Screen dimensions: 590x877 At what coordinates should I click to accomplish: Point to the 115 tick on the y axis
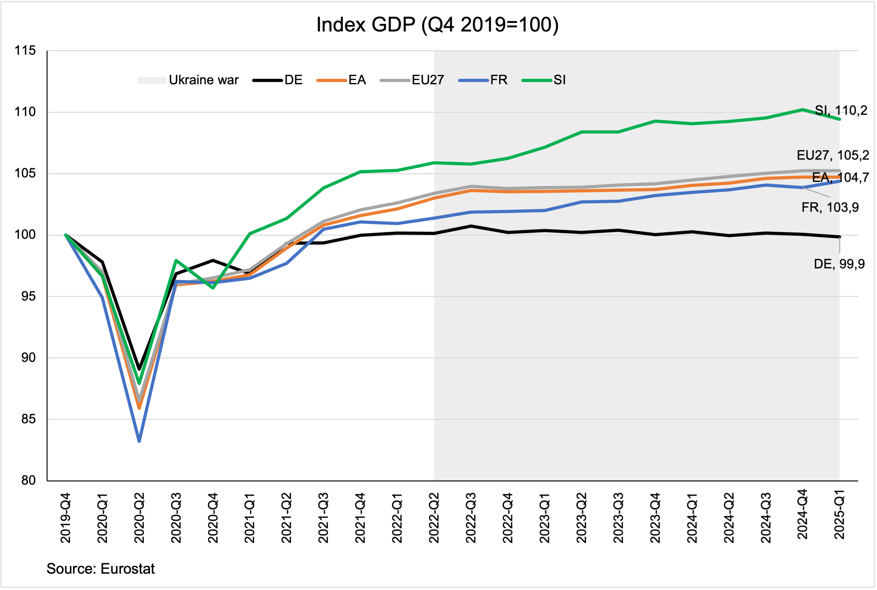point(25,51)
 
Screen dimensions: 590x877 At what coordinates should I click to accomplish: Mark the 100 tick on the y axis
point(25,235)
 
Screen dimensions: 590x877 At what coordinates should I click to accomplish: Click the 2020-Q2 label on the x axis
point(140,518)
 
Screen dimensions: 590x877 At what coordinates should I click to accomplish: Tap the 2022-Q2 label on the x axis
point(434,518)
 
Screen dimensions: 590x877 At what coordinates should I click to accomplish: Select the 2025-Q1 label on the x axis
point(839,515)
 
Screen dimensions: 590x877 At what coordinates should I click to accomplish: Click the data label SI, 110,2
point(841,111)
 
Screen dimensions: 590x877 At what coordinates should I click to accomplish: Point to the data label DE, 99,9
point(839,264)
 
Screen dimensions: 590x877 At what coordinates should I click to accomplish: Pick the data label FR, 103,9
point(830,207)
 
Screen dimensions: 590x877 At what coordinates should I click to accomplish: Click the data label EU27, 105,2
point(832,155)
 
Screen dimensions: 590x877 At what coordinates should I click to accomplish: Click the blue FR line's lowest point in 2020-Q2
point(139,441)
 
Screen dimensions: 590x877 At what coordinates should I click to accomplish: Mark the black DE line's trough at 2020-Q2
point(139,369)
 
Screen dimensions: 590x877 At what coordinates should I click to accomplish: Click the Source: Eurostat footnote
point(100,569)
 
